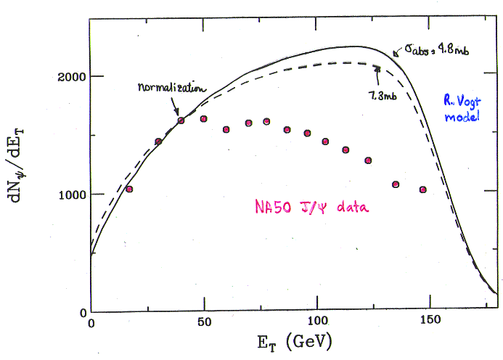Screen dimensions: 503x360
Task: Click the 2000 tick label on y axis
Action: (x=72, y=77)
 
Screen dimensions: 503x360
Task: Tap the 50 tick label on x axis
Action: (x=205, y=322)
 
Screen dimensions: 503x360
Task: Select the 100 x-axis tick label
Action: (x=317, y=321)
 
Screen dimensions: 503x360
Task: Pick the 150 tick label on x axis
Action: (x=430, y=319)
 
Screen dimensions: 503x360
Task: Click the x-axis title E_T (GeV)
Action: (x=295, y=342)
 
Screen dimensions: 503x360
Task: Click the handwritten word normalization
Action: (x=171, y=88)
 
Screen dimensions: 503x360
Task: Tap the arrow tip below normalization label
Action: (x=177, y=115)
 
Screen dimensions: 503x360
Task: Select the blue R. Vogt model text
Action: (x=462, y=108)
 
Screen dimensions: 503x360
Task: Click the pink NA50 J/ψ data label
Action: (x=312, y=206)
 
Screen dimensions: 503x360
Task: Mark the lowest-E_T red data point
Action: (x=129, y=189)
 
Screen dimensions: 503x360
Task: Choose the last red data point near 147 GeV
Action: (x=423, y=189)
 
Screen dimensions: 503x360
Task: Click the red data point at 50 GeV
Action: (x=203, y=119)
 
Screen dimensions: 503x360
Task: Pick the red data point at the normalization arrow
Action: (x=181, y=120)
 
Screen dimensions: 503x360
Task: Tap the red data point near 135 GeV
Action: (x=396, y=184)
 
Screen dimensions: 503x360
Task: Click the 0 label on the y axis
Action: (x=83, y=313)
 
